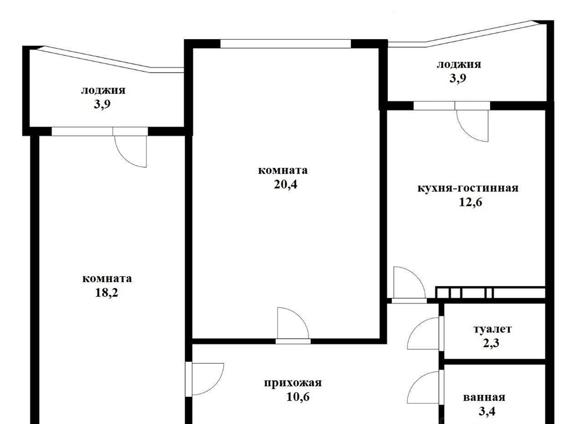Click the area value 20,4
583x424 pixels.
pos(286,185)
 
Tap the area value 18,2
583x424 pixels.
pos(106,293)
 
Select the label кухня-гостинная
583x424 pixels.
pos(468,188)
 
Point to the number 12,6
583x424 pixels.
pos(470,203)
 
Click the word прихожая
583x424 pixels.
pos(293,383)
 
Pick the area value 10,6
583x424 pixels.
pos(298,397)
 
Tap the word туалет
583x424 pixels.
pos(492,329)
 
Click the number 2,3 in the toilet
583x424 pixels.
pos(491,343)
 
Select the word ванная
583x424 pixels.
pos(484,397)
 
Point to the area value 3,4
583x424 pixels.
pos(487,411)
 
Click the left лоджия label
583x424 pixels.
pos(103,90)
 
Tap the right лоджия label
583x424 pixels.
pos(458,64)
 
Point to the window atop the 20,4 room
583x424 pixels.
pos(286,44)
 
